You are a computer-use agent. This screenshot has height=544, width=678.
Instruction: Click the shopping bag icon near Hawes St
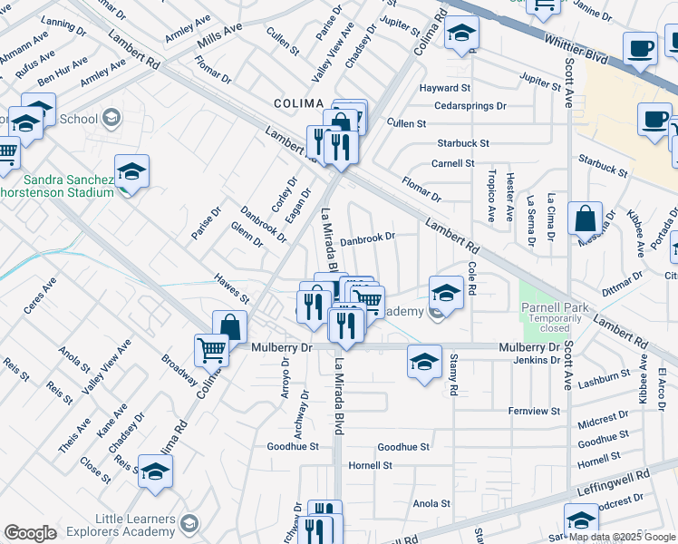(230, 326)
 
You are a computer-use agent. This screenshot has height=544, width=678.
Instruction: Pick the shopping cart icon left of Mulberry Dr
(211, 348)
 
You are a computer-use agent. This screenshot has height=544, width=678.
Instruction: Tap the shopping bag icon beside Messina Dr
(586, 218)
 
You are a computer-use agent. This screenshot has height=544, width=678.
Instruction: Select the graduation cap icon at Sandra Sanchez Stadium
(132, 171)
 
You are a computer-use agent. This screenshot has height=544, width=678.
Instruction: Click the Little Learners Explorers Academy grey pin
(189, 523)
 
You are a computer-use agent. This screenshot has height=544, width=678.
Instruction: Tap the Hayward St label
(444, 89)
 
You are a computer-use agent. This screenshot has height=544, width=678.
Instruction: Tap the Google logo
(30, 533)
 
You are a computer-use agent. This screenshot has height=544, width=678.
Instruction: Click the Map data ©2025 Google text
(621, 537)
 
